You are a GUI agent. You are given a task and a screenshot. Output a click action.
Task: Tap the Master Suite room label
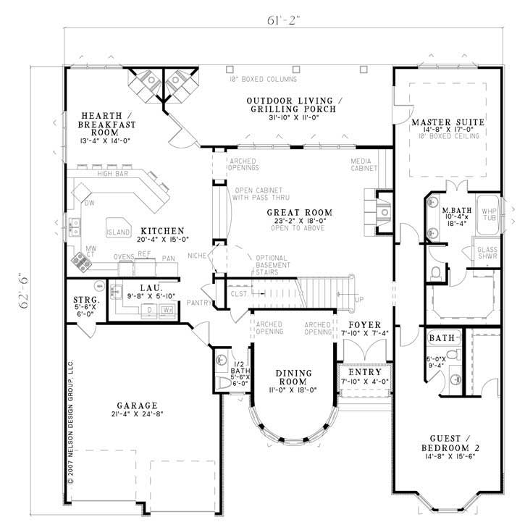coord(448,122)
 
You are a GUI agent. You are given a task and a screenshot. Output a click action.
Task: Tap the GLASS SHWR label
coord(486,253)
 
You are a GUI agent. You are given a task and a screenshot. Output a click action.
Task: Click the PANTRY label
coord(198,302)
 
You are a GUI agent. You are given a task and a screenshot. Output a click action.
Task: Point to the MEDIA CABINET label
coord(364,164)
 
